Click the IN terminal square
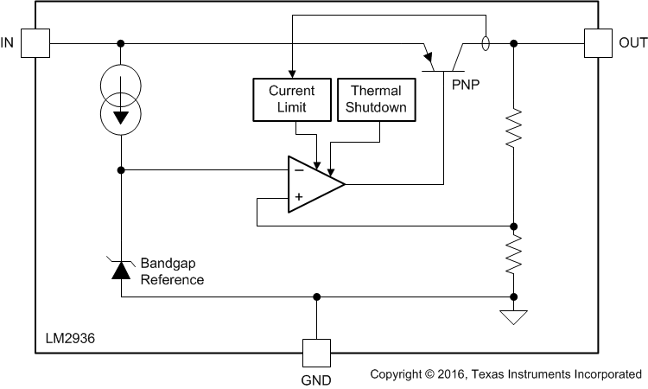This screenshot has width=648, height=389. pos(34,42)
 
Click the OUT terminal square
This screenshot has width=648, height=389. pos(598,42)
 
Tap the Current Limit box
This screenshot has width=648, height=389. pos(291,99)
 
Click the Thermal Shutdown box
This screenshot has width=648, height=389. pos(375,99)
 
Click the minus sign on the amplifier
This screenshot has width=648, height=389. pos(299,171)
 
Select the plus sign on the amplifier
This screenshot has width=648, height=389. pos(299,197)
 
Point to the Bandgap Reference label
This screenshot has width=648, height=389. pos(172,272)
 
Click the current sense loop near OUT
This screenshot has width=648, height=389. pos(486,42)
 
